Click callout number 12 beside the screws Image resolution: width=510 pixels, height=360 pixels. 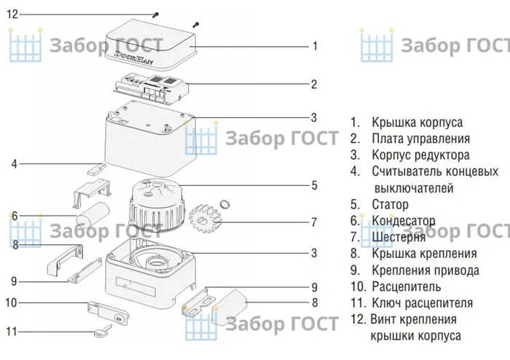tap(12, 14)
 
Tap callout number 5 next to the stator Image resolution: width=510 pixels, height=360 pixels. tap(314, 186)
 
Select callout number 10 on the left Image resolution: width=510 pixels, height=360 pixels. tap(12, 302)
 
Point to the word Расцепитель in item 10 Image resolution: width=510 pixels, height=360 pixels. tap(416, 286)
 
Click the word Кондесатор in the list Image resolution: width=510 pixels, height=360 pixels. tap(413, 221)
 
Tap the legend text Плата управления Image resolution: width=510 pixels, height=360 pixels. tap(420, 138)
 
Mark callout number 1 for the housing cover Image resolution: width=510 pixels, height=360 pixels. tap(314, 46)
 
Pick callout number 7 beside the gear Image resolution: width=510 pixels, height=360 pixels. tap(314, 222)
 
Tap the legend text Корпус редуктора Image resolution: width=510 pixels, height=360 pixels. tap(420, 155)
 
